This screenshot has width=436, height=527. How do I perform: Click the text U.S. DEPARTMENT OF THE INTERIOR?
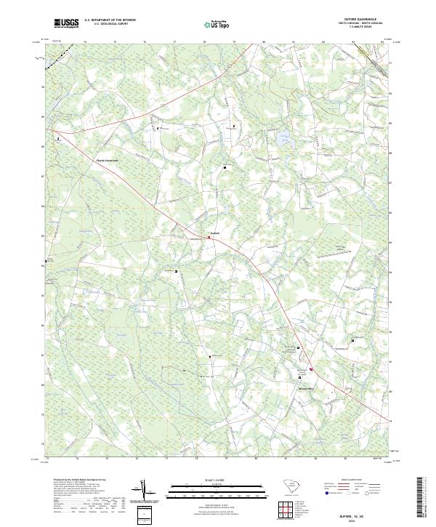pyautogui.click(x=110, y=20)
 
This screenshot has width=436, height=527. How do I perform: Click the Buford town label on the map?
pyautogui.click(x=214, y=233)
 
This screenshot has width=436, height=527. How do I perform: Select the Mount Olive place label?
pyautogui.click(x=306, y=389)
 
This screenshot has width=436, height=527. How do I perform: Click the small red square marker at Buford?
pyautogui.click(x=209, y=236)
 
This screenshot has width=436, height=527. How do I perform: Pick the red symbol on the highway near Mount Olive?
pyautogui.click(x=311, y=369)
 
